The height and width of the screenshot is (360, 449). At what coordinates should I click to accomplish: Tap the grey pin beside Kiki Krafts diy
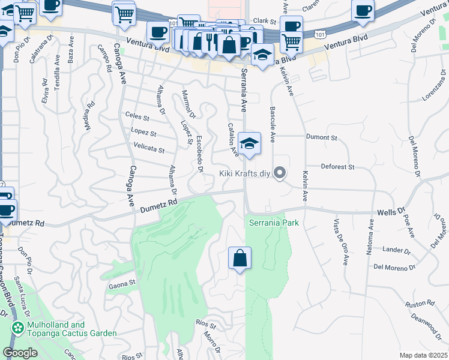point(279,173)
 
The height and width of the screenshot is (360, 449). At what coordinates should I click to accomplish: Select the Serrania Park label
point(274,223)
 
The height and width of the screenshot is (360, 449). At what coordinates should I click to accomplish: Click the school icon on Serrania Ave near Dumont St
point(250,144)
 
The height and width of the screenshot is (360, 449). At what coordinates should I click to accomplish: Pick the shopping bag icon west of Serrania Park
point(240,259)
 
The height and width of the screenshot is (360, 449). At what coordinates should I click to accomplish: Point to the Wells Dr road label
point(390,212)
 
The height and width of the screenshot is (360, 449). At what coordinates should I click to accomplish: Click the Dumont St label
point(321,137)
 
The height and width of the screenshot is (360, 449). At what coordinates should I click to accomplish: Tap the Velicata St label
point(149,147)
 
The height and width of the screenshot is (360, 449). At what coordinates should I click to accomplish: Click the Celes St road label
point(137,116)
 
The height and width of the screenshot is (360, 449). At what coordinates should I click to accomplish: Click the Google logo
point(20,353)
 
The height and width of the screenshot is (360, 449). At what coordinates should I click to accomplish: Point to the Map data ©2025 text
point(423,355)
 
